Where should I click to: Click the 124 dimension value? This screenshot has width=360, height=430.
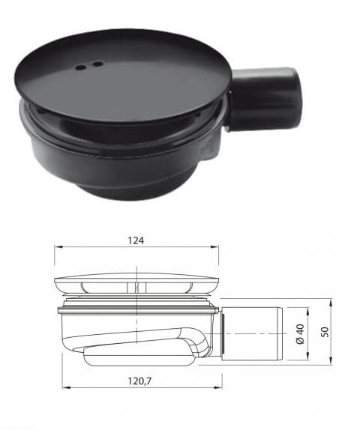pyautogui.click(x=136, y=240)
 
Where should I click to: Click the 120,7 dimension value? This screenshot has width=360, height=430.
pyautogui.click(x=139, y=381)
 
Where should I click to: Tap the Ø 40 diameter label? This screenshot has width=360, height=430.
pyautogui.click(x=300, y=334)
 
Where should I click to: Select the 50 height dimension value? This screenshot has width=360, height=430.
pyautogui.click(x=325, y=332)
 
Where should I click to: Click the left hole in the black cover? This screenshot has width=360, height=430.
pyautogui.click(x=81, y=67)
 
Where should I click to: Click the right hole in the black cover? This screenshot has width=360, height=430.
pyautogui.click(x=97, y=64)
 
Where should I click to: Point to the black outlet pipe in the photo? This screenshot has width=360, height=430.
pyautogui.click(x=264, y=100)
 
